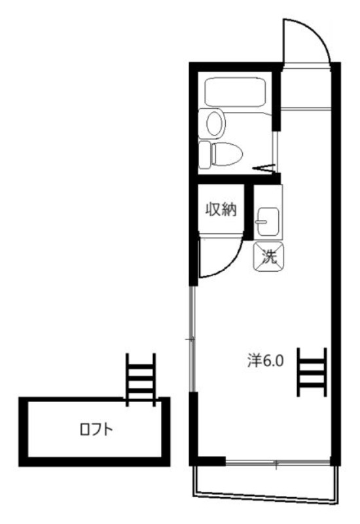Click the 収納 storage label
[x=221, y=211]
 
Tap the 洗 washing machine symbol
[x=268, y=255]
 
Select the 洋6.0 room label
[x=264, y=361]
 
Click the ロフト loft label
[x=96, y=430]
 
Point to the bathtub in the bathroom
[x=236, y=91]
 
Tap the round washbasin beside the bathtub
[x=214, y=122]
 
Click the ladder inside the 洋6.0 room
[x=312, y=371]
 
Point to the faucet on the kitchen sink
[x=261, y=223]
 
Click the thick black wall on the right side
[x=336, y=262]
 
